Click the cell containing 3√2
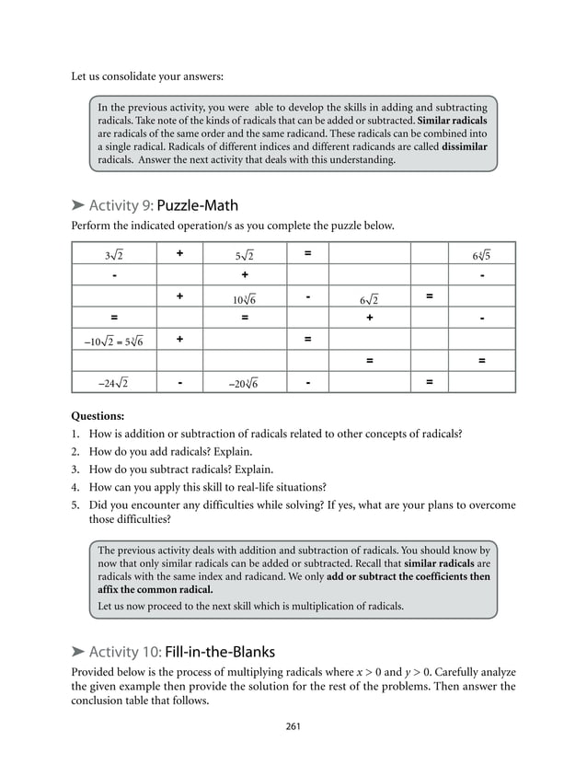(x=114, y=254)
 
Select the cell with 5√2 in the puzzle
(x=244, y=254)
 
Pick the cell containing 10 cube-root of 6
(x=244, y=298)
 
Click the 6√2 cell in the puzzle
(x=369, y=298)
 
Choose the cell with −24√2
(x=114, y=383)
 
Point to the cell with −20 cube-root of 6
(x=244, y=383)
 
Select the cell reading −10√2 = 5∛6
(x=114, y=341)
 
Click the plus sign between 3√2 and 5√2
(x=179, y=252)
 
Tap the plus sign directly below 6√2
(x=369, y=319)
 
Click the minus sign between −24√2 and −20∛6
(x=179, y=381)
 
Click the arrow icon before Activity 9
(x=78, y=204)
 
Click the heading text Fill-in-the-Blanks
(x=226, y=653)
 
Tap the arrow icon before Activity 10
(x=78, y=653)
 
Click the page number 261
(x=293, y=727)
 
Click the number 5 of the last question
(x=75, y=504)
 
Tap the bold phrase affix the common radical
(x=155, y=589)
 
